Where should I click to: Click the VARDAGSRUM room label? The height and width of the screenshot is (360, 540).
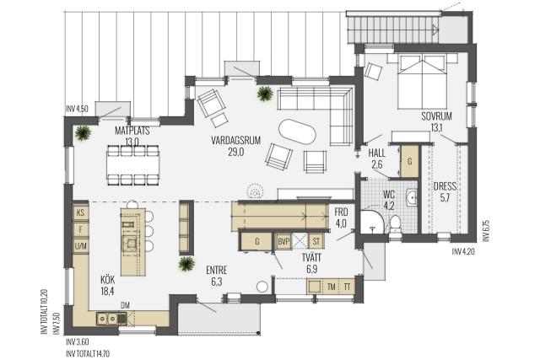click(236, 141)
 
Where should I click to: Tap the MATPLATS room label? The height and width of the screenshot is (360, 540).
click(132, 131)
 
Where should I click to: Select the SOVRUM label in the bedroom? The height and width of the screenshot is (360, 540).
click(436, 116)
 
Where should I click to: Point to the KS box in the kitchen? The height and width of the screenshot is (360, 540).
click(81, 212)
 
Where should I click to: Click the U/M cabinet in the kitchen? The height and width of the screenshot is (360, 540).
click(81, 246)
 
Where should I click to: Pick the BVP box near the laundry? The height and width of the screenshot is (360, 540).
click(283, 242)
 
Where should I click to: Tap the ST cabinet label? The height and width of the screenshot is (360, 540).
click(316, 242)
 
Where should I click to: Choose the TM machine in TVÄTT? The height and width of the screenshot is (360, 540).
click(332, 287)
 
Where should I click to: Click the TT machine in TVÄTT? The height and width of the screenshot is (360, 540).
click(347, 287)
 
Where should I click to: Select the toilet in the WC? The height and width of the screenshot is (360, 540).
click(395, 223)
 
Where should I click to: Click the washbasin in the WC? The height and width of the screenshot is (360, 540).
click(411, 197)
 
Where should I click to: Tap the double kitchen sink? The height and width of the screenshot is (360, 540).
click(107, 319)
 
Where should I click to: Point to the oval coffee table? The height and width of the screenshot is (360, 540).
click(297, 132)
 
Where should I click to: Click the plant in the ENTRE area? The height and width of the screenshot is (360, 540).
click(186, 264)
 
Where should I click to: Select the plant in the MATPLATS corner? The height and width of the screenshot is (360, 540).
click(83, 132)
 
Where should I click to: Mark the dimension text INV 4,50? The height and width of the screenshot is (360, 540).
click(77, 110)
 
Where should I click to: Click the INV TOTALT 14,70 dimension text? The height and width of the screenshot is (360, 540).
click(88, 354)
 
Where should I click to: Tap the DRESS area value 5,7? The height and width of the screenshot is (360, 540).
click(445, 198)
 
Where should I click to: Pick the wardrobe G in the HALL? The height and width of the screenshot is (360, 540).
click(410, 161)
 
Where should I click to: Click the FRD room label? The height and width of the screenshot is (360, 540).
click(341, 212)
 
